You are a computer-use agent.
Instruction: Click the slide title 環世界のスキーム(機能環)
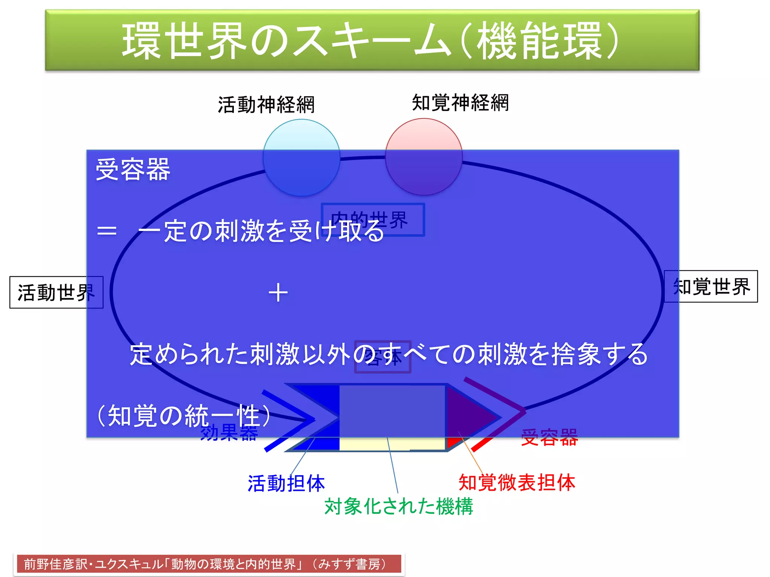pyautogui.click(x=371, y=40)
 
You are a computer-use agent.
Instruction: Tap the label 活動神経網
pyautogui.click(x=266, y=104)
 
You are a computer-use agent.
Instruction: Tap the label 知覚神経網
pyautogui.click(x=460, y=103)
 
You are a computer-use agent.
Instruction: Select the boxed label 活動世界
pyautogui.click(x=56, y=292)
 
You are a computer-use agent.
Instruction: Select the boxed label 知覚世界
pyautogui.click(x=711, y=287)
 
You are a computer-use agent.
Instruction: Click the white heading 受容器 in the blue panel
pyautogui.click(x=133, y=169)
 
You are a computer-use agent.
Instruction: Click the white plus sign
pyautogui.click(x=278, y=293)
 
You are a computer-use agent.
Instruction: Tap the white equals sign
pyautogui.click(x=107, y=231)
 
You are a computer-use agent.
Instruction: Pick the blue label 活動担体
pyautogui.click(x=286, y=483)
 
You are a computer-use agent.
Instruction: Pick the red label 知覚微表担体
pyautogui.click(x=517, y=483)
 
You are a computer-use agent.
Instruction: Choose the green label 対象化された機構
pyautogui.click(x=399, y=506)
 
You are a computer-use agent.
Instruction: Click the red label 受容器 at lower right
pyautogui.click(x=549, y=438)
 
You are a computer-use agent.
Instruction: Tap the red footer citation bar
pyautogui.click(x=209, y=564)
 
